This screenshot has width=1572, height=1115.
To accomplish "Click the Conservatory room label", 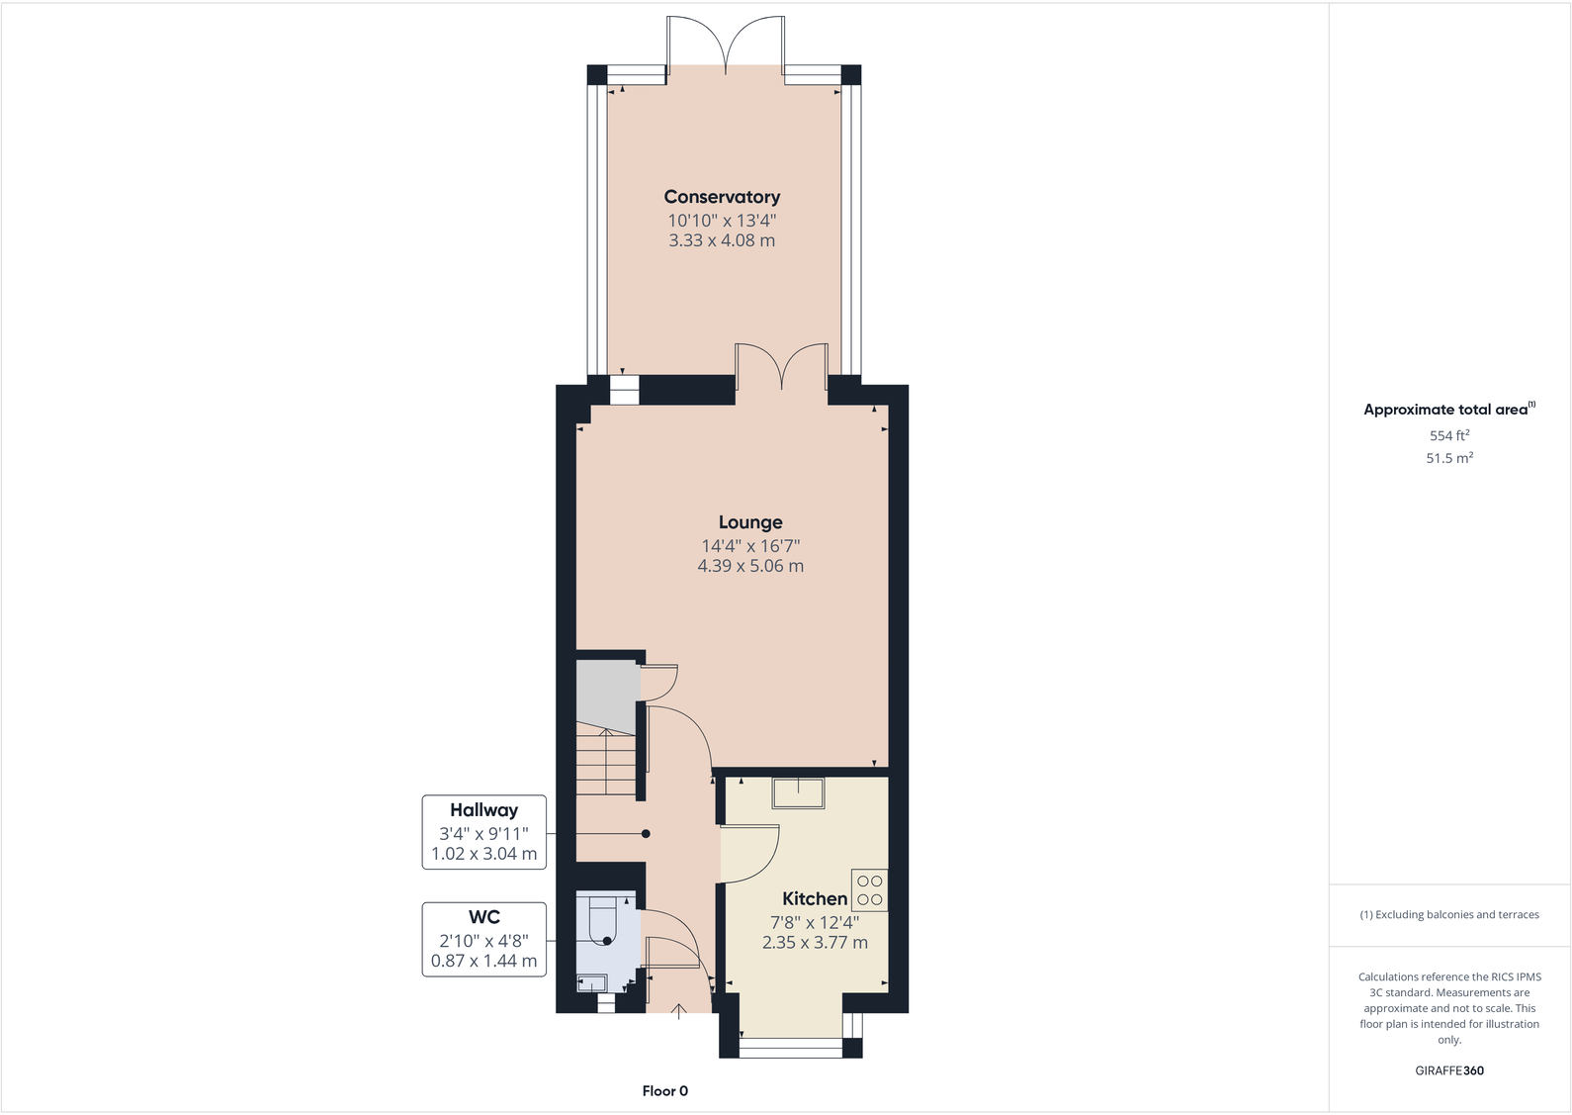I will click(722, 197).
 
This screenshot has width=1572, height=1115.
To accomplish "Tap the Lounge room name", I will click(750, 522).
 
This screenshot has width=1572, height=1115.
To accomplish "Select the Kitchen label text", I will click(814, 898).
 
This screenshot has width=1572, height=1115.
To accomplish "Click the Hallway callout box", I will click(484, 832).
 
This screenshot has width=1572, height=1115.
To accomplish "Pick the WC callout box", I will click(484, 939).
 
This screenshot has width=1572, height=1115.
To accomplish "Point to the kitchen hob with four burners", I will click(869, 889).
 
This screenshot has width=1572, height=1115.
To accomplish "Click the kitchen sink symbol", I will click(798, 792).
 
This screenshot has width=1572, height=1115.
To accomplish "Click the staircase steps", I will click(606, 763).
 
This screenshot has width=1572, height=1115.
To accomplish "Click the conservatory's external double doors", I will click(727, 45).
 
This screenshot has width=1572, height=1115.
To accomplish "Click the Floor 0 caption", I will click(664, 1090).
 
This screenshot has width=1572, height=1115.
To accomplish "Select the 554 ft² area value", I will click(1448, 435).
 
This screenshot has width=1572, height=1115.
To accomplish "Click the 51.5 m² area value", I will click(1448, 458).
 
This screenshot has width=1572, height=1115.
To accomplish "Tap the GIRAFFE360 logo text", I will click(1448, 1070).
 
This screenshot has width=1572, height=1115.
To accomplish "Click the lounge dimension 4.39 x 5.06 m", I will click(750, 566).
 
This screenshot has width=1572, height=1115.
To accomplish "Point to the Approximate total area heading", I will click(1446, 409).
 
